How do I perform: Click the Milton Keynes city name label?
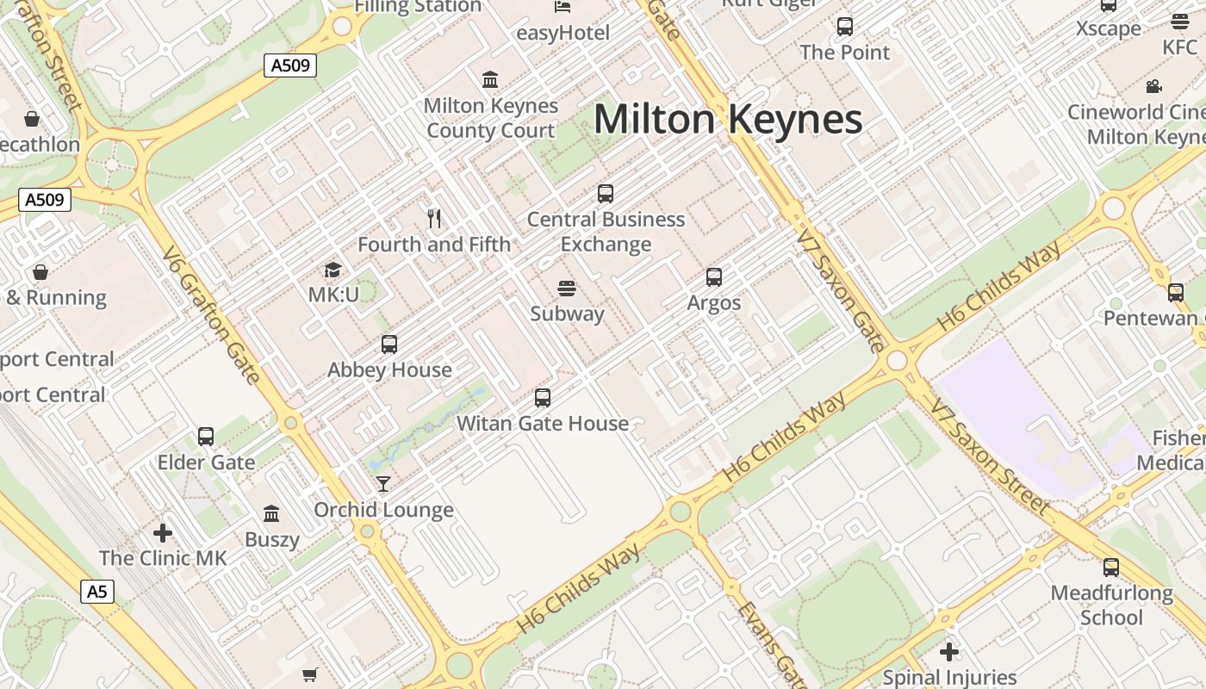pyautogui.click(x=728, y=119)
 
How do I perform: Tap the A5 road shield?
pyautogui.click(x=98, y=592)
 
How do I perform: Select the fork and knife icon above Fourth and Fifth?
pyautogui.click(x=434, y=219)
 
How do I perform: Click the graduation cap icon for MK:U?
pyautogui.click(x=333, y=270)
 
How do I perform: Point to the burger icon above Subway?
pyautogui.click(x=566, y=288)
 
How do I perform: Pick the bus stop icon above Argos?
pyautogui.click(x=714, y=277)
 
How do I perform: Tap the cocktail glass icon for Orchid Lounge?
pyautogui.click(x=383, y=484)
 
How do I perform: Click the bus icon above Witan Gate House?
pyautogui.click(x=542, y=398)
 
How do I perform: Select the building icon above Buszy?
pyautogui.click(x=271, y=514)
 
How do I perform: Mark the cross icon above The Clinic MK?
pyautogui.click(x=163, y=532)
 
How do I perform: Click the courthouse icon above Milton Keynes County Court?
pyautogui.click(x=491, y=80)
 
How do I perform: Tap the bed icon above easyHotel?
pyautogui.click(x=563, y=8)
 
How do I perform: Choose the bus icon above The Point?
pyautogui.click(x=844, y=27)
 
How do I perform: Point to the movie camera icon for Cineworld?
pyautogui.click(x=1153, y=87)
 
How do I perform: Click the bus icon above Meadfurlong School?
pyautogui.click(x=1111, y=568)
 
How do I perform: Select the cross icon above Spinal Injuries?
pyautogui.click(x=949, y=652)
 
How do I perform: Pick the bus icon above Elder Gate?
pyautogui.click(x=206, y=437)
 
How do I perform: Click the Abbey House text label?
pyautogui.click(x=389, y=370)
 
